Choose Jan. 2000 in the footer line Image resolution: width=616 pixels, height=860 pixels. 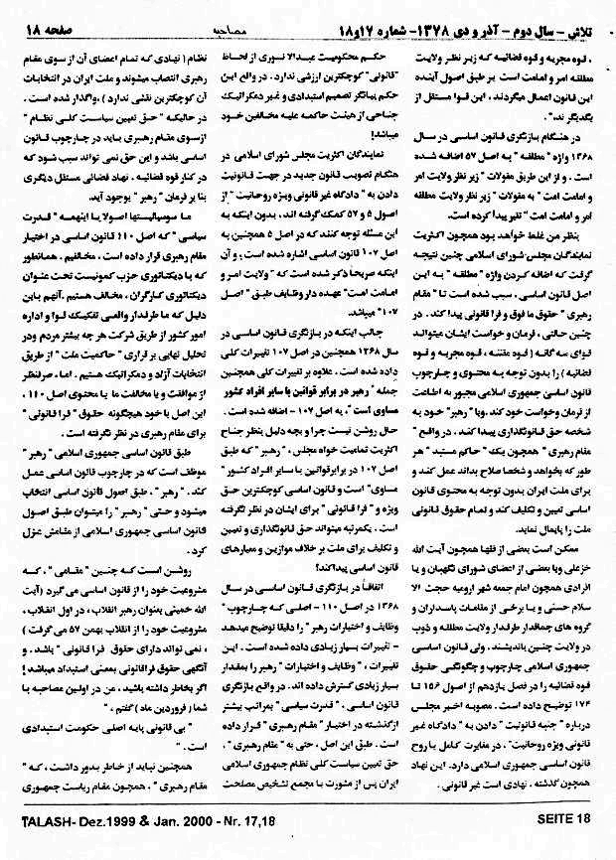pyautogui.click(x=170, y=847)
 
